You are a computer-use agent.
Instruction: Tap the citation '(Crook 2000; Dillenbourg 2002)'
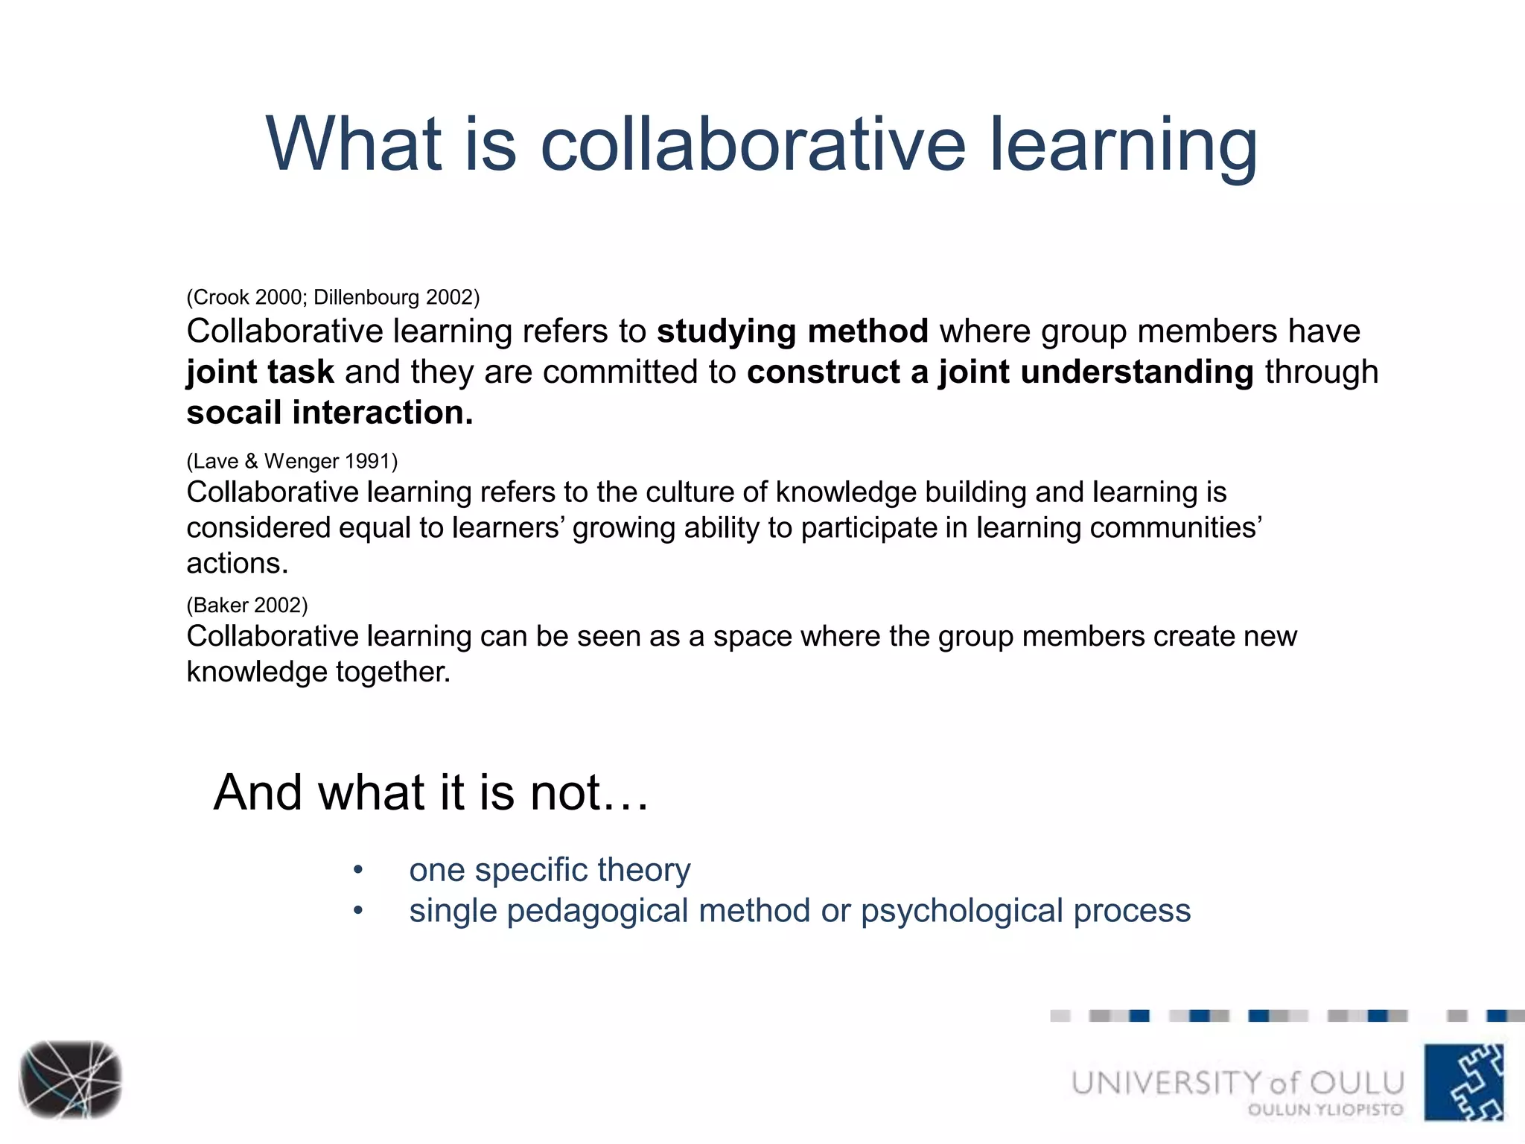point(333,297)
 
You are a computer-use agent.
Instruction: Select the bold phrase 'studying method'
point(792,331)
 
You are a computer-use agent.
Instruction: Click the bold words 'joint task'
point(260,372)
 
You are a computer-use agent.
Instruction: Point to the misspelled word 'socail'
point(234,413)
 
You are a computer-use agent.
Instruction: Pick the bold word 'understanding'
point(1137,372)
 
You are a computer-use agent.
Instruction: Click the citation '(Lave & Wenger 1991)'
point(292,461)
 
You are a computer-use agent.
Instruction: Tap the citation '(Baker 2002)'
point(246,605)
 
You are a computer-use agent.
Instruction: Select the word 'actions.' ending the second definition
point(237,564)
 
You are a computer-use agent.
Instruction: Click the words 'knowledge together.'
point(318,672)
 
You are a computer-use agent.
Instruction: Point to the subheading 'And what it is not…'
point(431,792)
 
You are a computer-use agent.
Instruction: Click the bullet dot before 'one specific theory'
point(358,870)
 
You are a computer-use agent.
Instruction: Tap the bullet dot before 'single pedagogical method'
point(358,911)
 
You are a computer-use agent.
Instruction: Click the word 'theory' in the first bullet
point(643,870)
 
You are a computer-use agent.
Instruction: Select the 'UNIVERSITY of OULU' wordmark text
point(1238,1082)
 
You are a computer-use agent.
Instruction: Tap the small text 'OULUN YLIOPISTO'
point(1325,1110)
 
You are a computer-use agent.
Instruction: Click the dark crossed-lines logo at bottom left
point(71,1079)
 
